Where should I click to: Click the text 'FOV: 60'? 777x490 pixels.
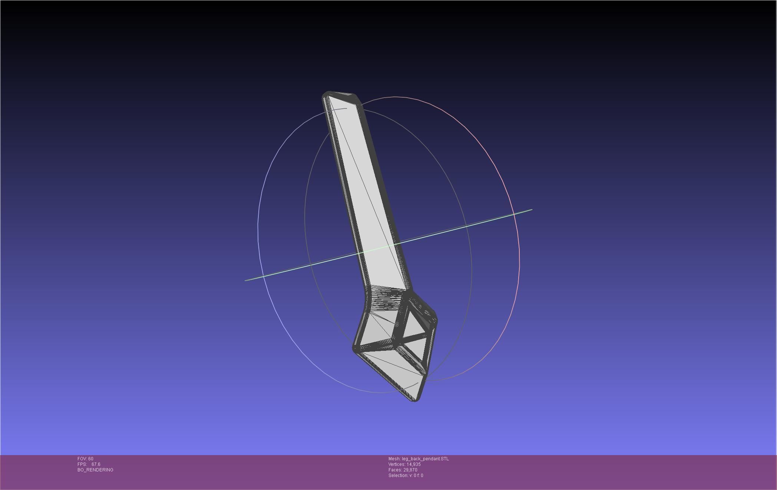[x=85, y=459]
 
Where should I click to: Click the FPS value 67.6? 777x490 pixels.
[x=96, y=464]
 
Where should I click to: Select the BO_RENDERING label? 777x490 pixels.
[x=95, y=470]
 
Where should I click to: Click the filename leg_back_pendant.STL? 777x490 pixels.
[x=425, y=459]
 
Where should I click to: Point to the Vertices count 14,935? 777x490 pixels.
[x=413, y=464]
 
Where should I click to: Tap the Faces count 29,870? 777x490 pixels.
[x=410, y=470]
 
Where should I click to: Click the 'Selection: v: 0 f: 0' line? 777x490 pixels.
[x=406, y=476]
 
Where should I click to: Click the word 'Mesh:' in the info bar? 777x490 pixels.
[x=394, y=459]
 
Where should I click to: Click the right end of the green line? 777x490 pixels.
[x=531, y=210]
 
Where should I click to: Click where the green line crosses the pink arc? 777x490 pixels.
[x=514, y=214]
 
